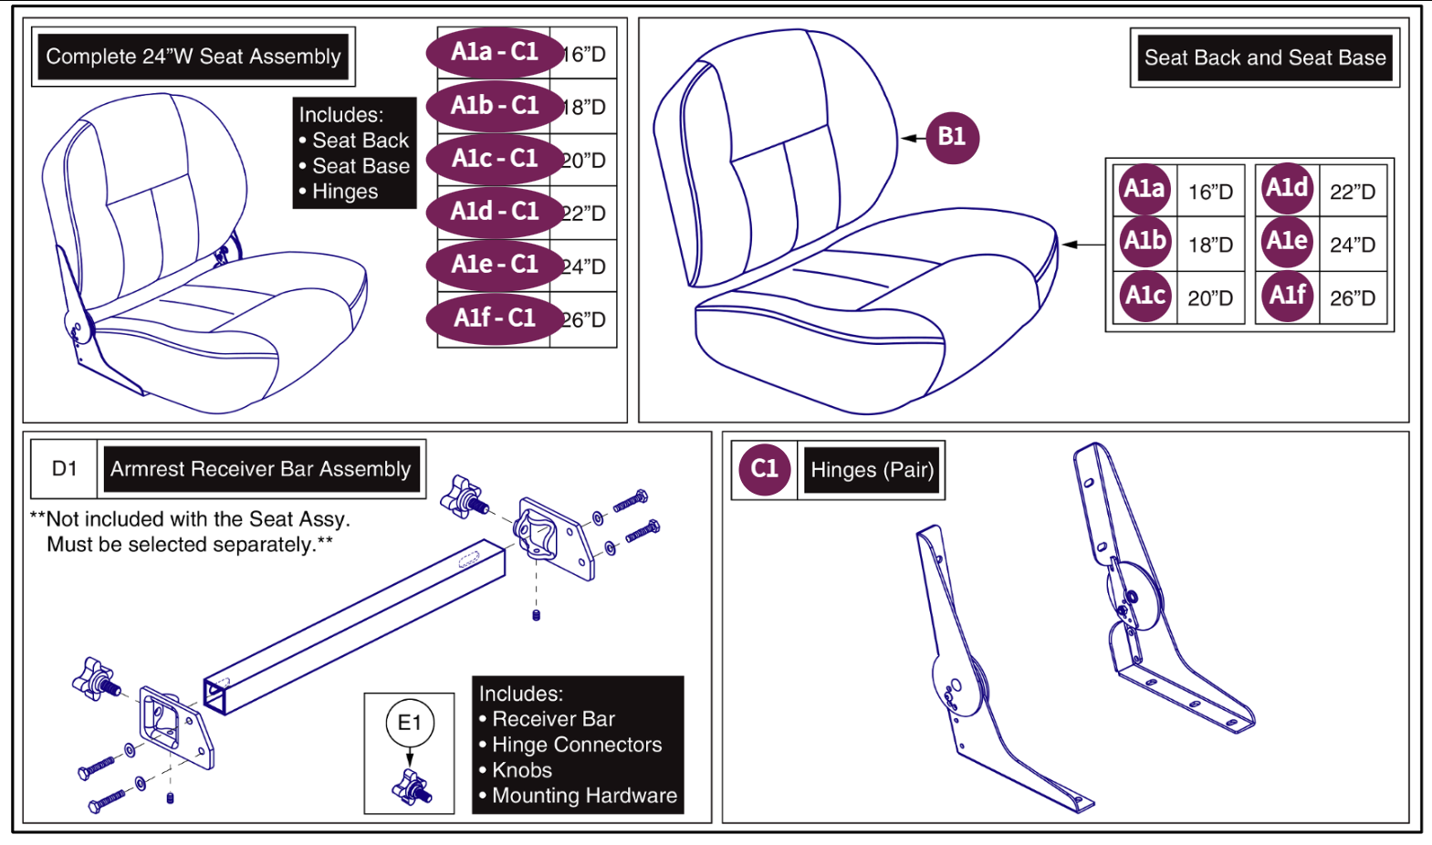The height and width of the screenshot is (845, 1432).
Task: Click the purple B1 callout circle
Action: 952,138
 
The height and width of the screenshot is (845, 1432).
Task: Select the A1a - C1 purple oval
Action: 495,52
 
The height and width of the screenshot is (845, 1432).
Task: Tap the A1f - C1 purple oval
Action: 495,318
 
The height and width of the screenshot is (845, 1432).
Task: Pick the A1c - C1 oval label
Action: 495,159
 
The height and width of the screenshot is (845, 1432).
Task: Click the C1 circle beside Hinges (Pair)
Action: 765,470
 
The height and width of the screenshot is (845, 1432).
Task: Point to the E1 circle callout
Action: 410,724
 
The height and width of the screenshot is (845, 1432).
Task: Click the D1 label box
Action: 65,469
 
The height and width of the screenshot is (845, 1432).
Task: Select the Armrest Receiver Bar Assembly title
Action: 261,469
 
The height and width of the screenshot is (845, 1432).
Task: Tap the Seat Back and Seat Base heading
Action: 1264,58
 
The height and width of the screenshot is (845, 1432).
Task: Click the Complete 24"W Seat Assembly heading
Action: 193,57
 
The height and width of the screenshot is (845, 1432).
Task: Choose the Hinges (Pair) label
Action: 872,470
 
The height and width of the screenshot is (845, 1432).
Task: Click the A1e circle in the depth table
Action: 1287,242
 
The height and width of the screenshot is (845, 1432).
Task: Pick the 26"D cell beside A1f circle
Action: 1352,298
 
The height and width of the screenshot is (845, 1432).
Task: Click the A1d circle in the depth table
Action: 1287,189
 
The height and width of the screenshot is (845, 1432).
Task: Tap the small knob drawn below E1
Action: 412,787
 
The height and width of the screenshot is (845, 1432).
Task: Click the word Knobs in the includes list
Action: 522,770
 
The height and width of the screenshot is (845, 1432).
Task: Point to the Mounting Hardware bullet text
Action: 584,796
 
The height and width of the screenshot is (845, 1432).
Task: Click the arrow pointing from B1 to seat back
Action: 913,138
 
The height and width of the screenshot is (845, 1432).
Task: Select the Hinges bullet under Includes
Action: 344,192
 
